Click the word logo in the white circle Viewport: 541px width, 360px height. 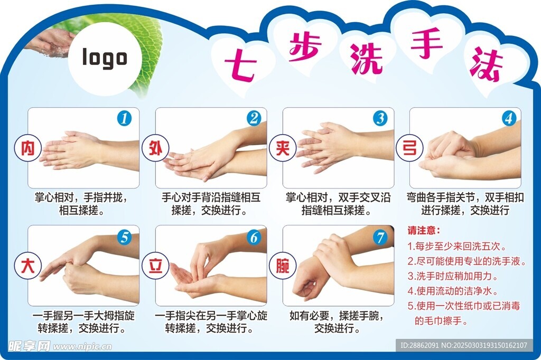105,58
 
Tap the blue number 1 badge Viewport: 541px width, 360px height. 124,118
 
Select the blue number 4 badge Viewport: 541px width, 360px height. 509,118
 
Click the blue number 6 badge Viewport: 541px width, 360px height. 254,237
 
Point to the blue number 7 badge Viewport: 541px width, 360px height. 380,237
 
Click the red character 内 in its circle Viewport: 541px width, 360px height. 28,148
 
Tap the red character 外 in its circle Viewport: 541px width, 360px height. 155,148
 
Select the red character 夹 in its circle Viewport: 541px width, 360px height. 283,148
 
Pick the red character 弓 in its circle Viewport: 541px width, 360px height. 409,148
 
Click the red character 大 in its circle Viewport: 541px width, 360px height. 28,266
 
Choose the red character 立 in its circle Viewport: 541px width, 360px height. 155,266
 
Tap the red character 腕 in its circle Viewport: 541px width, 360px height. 283,266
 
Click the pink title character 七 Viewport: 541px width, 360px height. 240,65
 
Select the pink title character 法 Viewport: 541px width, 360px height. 486,64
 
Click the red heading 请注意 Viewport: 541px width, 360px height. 424,230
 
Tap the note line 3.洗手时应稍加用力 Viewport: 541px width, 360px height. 453,276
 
